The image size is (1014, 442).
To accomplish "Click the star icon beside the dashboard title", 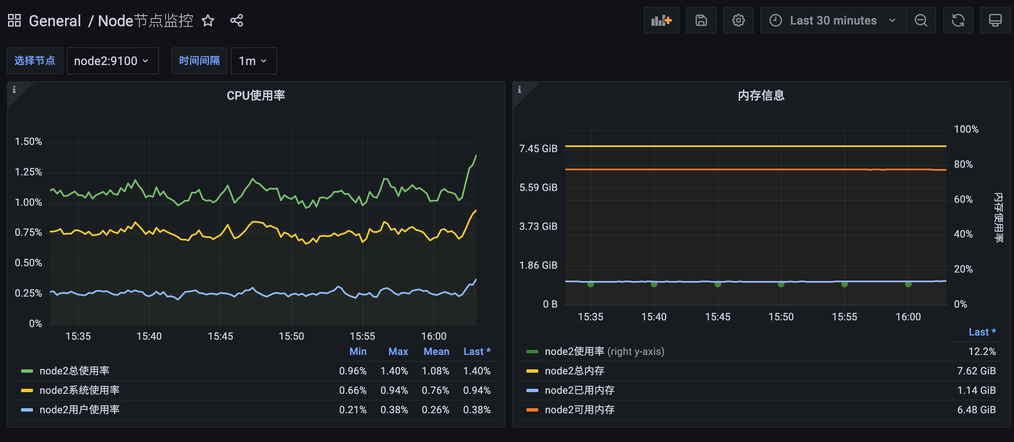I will (x=208, y=20).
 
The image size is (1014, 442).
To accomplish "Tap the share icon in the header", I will (x=237, y=20).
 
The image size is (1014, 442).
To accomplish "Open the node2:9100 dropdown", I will (x=112, y=61).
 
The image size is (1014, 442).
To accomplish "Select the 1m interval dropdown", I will (x=253, y=61).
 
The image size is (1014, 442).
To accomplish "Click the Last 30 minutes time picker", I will (x=833, y=20).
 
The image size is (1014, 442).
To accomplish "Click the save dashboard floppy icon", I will (x=701, y=20).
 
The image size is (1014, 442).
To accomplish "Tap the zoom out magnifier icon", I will (x=921, y=20).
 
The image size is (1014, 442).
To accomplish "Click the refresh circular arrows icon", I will (x=958, y=20).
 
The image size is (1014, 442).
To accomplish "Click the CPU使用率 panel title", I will (x=256, y=95).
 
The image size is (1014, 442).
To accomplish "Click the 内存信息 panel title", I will (x=761, y=95).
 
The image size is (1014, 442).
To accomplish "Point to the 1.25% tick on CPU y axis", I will (x=28, y=172).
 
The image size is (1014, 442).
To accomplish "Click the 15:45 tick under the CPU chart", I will (x=220, y=336).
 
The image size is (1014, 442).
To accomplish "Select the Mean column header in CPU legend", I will (x=436, y=352).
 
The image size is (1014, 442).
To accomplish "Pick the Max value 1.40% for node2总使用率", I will (x=394, y=371).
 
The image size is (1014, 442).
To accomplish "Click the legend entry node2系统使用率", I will (x=79, y=390).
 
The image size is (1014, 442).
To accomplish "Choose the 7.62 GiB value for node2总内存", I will (x=976, y=371).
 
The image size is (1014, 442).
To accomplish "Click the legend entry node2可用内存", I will (x=579, y=410).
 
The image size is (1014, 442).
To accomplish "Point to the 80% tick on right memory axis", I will (x=963, y=164).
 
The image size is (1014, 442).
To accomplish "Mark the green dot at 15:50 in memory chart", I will (x=781, y=284).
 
